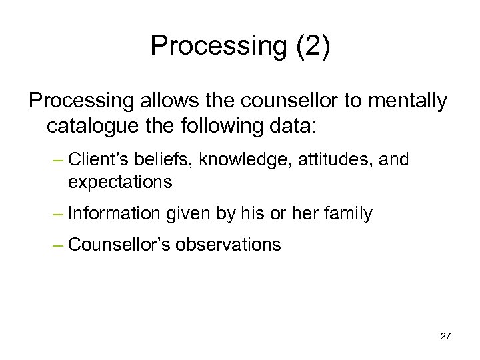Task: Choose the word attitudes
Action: [322, 160]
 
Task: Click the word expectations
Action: [120, 181]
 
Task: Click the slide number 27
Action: [446, 335]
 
